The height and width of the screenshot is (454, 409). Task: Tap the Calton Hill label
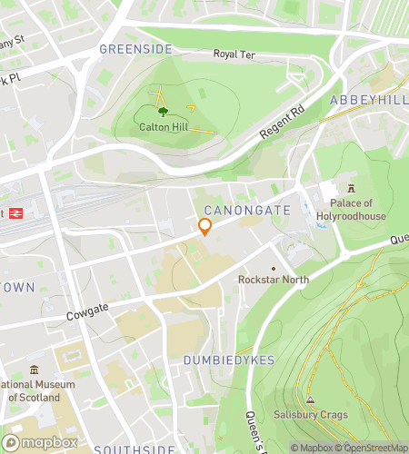click(x=163, y=129)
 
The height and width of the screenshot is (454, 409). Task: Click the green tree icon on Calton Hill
click(x=163, y=113)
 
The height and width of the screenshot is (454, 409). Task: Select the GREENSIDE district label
click(x=135, y=49)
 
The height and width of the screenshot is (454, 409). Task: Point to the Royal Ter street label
click(x=234, y=54)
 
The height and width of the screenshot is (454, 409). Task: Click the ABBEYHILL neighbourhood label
click(x=368, y=98)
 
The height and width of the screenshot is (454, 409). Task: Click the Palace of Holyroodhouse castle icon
click(x=351, y=188)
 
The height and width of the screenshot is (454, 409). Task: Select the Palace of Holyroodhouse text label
click(x=357, y=211)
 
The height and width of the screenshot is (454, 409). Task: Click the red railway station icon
click(x=15, y=212)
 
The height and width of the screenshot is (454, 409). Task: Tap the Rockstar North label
click(x=273, y=280)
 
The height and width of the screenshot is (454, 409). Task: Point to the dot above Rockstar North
click(x=273, y=268)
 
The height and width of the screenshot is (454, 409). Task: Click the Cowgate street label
click(x=87, y=317)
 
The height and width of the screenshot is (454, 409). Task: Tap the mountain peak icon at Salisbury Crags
click(x=310, y=400)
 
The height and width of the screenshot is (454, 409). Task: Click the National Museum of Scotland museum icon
click(x=34, y=370)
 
